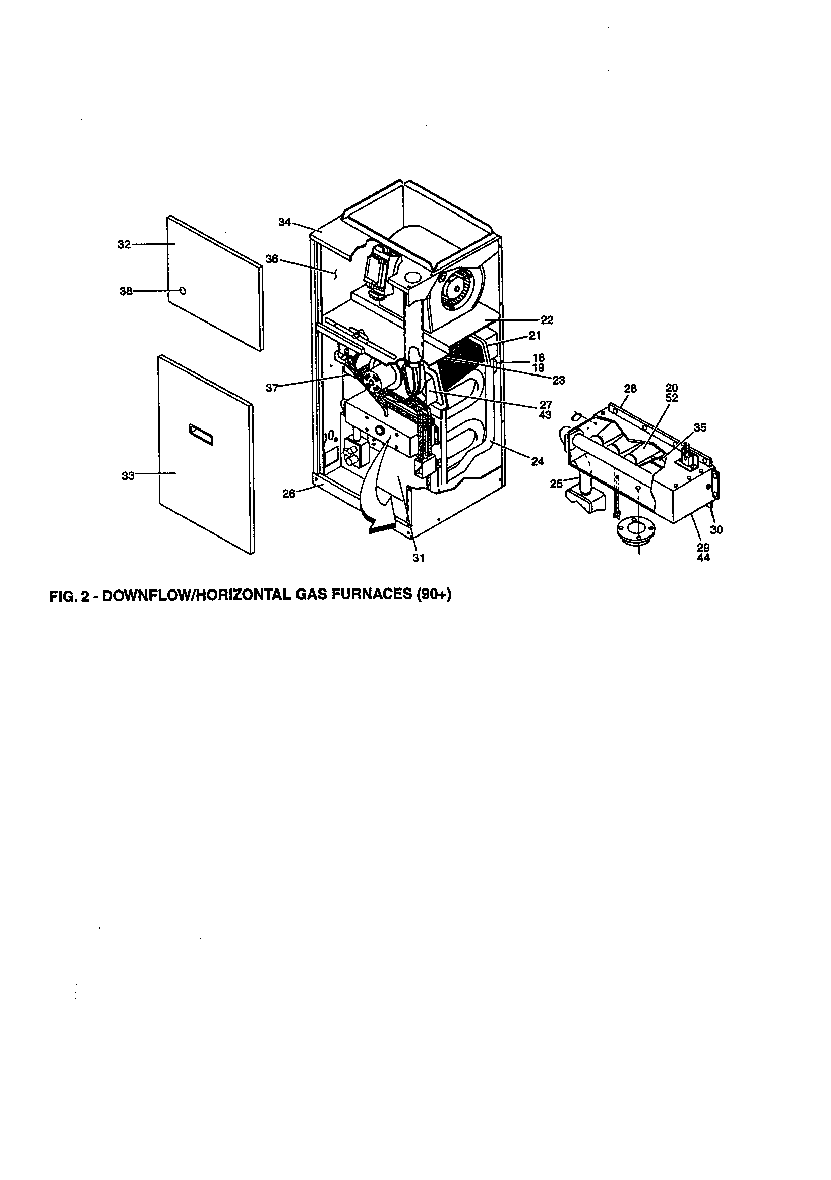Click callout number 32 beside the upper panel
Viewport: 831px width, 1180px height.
point(124,245)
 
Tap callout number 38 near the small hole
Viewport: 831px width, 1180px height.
point(126,291)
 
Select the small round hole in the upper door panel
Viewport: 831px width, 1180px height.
point(183,291)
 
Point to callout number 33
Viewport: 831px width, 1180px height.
point(128,476)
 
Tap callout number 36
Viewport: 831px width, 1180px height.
point(272,259)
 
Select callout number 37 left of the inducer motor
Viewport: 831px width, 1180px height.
point(272,389)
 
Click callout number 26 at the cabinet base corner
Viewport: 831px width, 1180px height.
point(289,494)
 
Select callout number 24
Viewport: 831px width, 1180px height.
point(537,461)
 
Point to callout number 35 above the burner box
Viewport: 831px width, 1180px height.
point(699,427)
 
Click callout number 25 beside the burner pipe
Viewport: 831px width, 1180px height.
point(556,484)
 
